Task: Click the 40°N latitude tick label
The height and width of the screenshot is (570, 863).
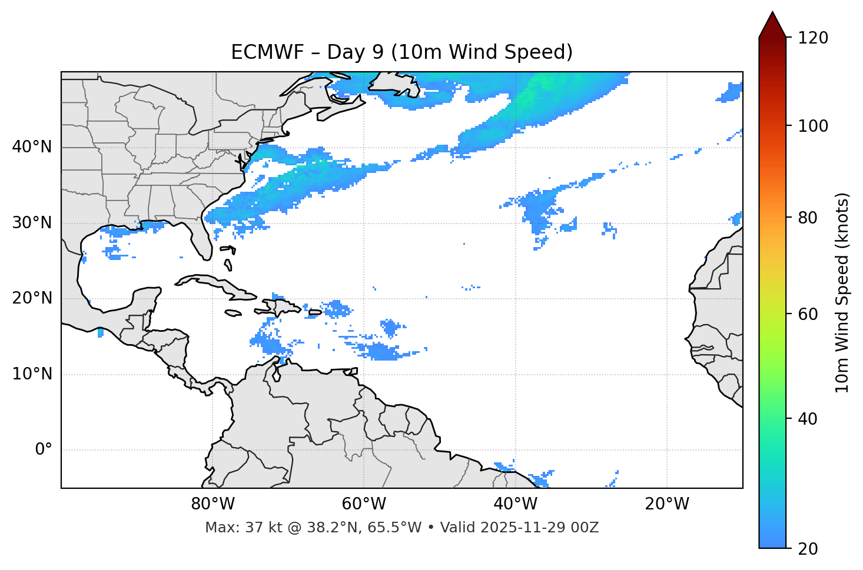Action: point(32,147)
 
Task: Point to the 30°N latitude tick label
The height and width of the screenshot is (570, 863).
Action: point(32,223)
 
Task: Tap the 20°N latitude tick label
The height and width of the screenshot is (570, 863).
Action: point(32,298)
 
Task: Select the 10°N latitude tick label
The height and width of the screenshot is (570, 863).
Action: point(32,374)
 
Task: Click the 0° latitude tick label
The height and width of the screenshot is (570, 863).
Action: point(44,450)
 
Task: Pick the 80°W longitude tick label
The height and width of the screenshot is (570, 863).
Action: point(213,504)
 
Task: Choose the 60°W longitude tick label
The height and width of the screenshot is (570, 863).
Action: point(364,504)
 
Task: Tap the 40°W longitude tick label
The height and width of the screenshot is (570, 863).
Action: point(515,504)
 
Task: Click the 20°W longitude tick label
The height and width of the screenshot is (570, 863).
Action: point(666,504)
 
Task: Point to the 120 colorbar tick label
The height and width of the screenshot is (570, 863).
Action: point(812,38)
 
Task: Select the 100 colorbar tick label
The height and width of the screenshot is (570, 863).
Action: point(812,126)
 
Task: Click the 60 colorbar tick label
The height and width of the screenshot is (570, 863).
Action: point(808,314)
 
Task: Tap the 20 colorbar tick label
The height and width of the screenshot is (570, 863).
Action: point(808,549)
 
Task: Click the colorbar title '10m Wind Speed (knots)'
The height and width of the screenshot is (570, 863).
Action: point(842,293)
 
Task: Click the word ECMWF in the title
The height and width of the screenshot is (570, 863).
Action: point(267,52)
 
